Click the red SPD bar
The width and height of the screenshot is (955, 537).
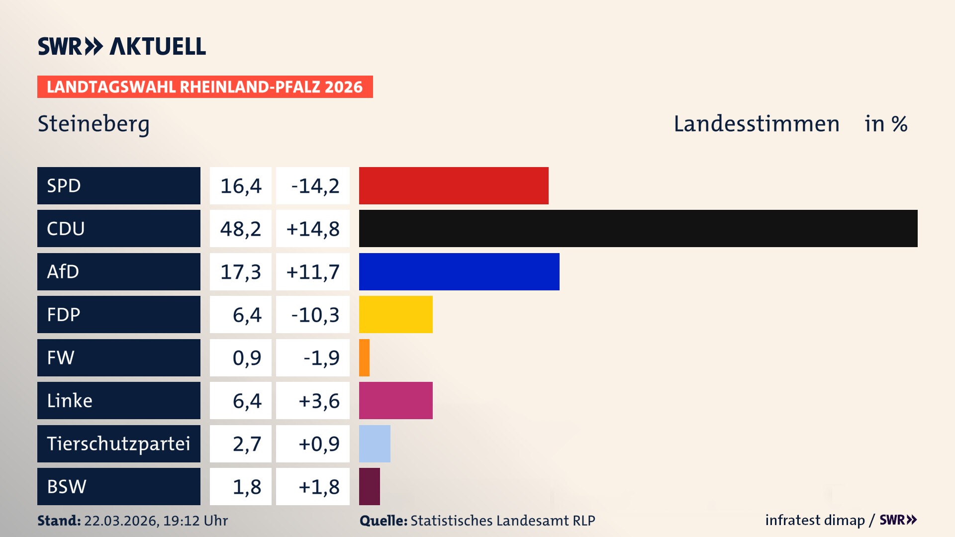(x=454, y=185)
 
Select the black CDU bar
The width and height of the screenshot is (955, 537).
(x=638, y=228)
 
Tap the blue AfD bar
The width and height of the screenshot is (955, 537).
(x=459, y=271)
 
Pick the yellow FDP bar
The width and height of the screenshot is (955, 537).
(x=396, y=314)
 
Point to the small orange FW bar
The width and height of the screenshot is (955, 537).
(x=364, y=358)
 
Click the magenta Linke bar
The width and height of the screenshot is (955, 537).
(x=396, y=400)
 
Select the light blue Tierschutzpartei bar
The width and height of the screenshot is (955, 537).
(x=375, y=444)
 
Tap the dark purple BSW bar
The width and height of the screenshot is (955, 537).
(x=370, y=486)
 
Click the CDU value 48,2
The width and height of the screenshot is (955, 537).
(x=241, y=229)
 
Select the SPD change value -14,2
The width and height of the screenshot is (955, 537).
(x=315, y=186)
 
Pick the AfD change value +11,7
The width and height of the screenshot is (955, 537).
(x=313, y=272)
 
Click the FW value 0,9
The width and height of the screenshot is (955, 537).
(x=247, y=358)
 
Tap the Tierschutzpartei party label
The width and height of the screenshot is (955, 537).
(x=118, y=444)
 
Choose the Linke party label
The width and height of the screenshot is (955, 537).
(x=70, y=401)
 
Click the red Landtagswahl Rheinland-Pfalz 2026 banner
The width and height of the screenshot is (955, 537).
(x=205, y=87)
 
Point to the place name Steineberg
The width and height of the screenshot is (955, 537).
(x=94, y=124)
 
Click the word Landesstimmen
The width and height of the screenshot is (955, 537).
(x=756, y=124)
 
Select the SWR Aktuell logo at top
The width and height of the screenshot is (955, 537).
(x=122, y=46)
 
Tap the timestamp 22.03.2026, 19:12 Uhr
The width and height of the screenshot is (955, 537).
(x=156, y=521)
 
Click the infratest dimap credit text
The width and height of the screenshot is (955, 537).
(x=815, y=520)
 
